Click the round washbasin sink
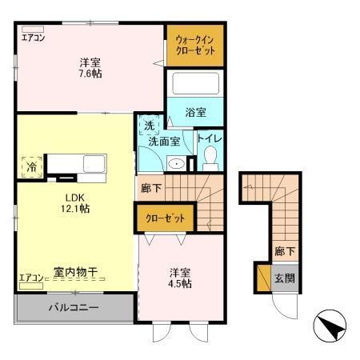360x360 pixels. coord(178,164)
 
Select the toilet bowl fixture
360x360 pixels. coord(211,157)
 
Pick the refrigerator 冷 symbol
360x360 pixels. coord(27,168)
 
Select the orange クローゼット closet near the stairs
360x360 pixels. coord(165,218)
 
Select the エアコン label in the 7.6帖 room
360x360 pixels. coord(33,38)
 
